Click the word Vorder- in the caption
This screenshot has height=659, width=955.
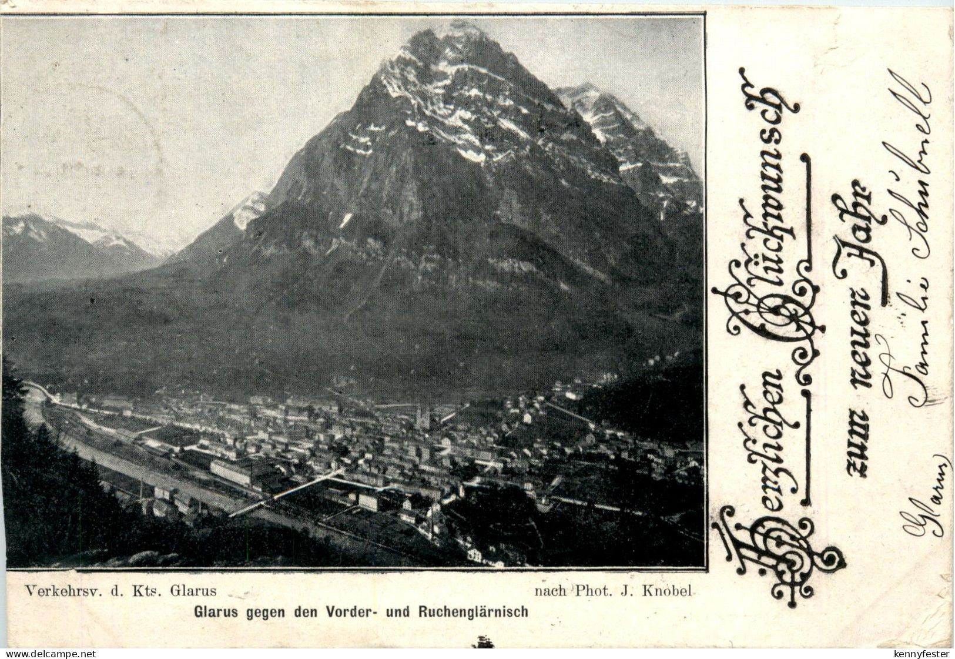click(350, 612)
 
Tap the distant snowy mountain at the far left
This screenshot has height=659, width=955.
click(35, 226)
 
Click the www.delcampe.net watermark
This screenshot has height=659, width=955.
click(48, 654)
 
